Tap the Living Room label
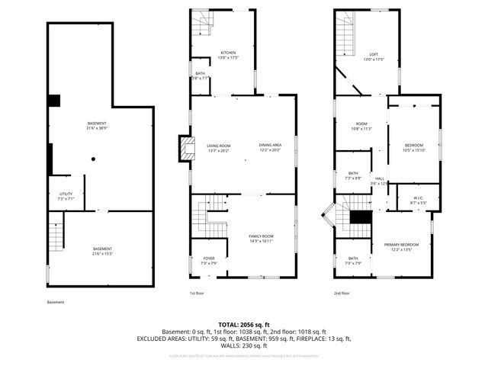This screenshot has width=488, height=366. click(x=219, y=148)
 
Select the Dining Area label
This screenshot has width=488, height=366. click(x=270, y=148)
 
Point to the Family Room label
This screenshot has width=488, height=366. click(x=261, y=239)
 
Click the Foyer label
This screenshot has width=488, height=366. click(x=208, y=261)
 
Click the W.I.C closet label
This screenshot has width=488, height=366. click(x=418, y=200)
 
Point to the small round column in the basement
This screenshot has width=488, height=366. click(x=93, y=159)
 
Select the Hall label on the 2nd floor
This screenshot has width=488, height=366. click(x=379, y=181)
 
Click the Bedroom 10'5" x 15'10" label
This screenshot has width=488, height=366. click(x=414, y=147)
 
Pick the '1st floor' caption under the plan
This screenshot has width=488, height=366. click(x=197, y=293)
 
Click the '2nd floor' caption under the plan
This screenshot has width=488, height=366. click(x=342, y=293)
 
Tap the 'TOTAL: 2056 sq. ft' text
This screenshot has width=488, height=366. click(x=243, y=325)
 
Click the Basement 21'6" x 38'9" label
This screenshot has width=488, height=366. click(x=96, y=126)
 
